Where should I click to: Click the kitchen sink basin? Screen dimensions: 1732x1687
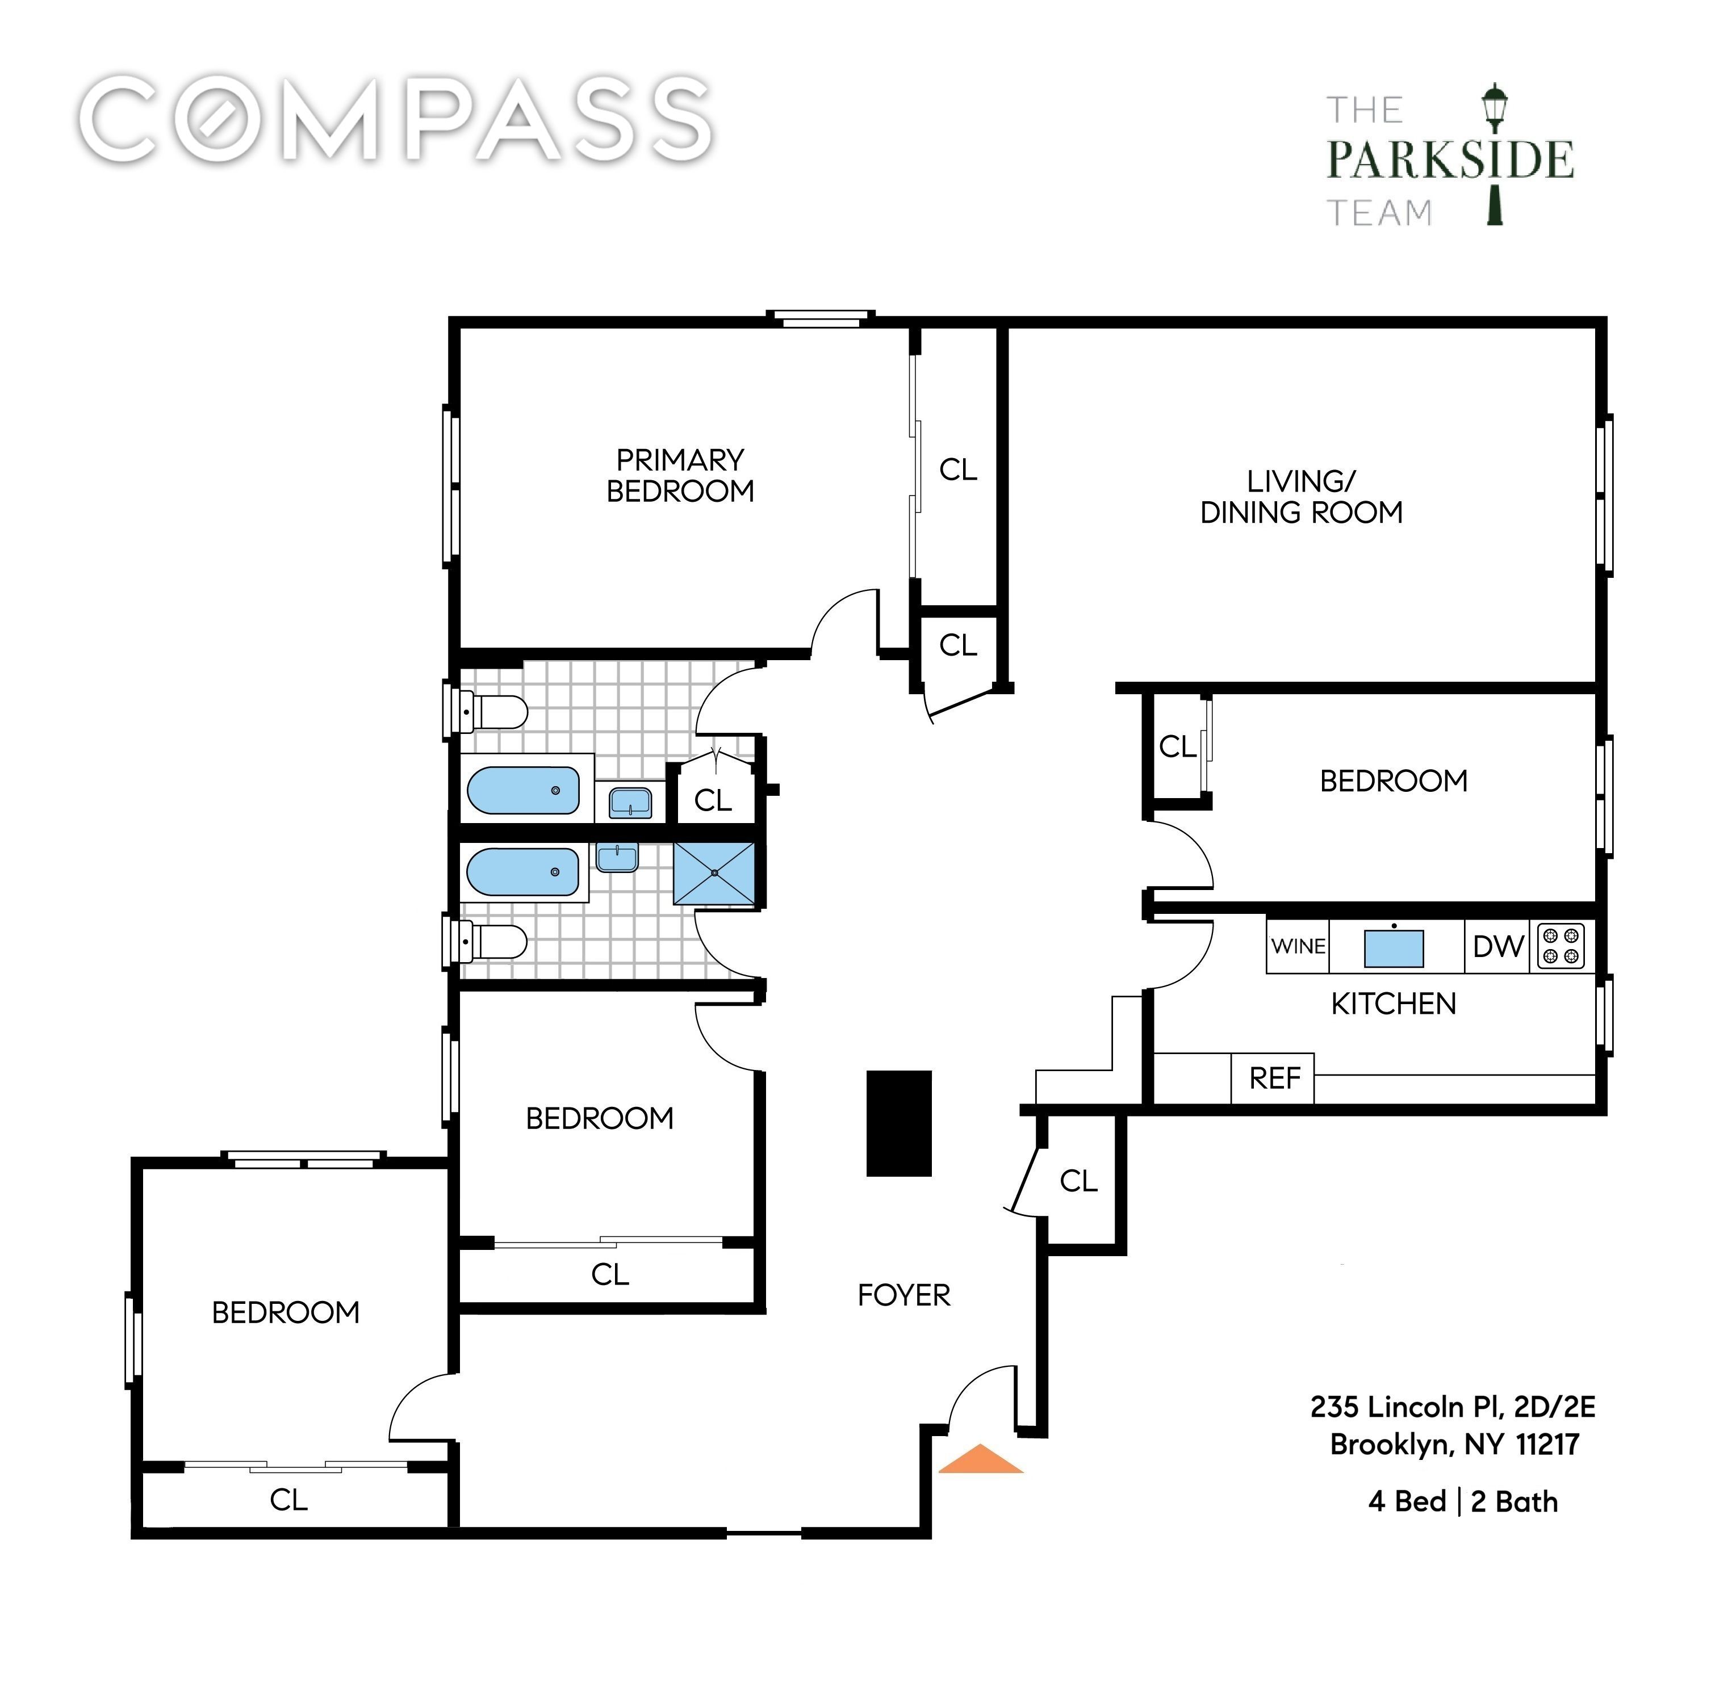pyautogui.click(x=1394, y=948)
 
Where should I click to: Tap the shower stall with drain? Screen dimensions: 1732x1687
pyautogui.click(x=714, y=874)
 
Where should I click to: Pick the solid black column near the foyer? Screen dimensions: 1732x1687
pyautogui.click(x=899, y=1123)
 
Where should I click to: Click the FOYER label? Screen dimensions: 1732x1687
pyautogui.click(x=903, y=1295)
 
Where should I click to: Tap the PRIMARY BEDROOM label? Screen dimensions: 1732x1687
pyautogui.click(x=680, y=475)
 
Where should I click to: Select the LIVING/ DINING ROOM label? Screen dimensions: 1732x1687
pyautogui.click(x=1301, y=497)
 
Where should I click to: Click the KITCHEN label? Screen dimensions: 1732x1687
pyautogui.click(x=1394, y=1004)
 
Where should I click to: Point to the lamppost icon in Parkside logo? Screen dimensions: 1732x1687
pyautogui.click(x=1495, y=155)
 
